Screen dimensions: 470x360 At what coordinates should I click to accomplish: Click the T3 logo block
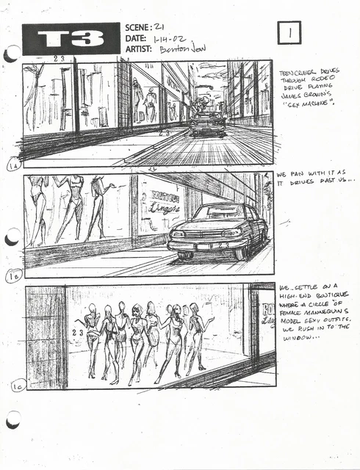point(71,39)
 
